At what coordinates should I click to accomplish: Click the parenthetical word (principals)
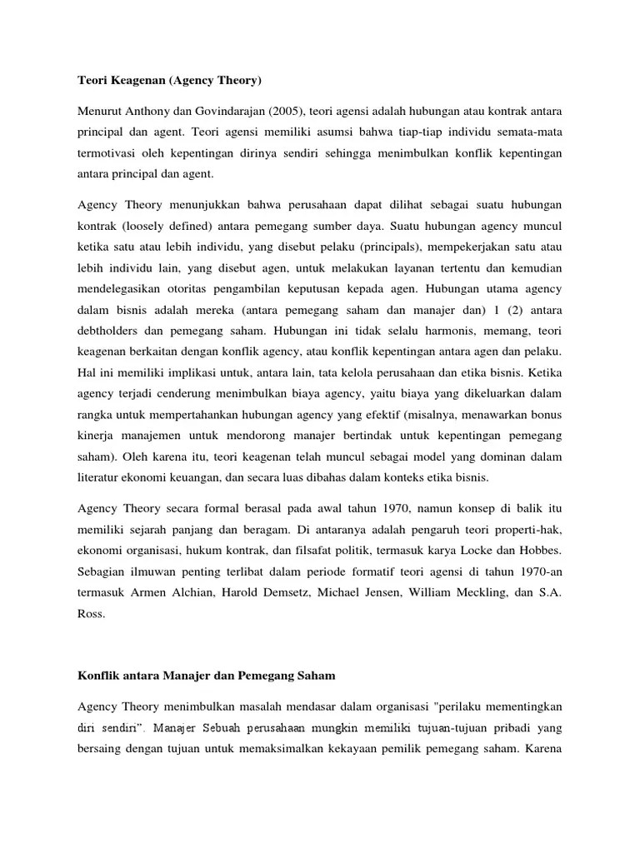[372, 247]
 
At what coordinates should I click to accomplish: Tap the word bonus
[545, 414]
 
